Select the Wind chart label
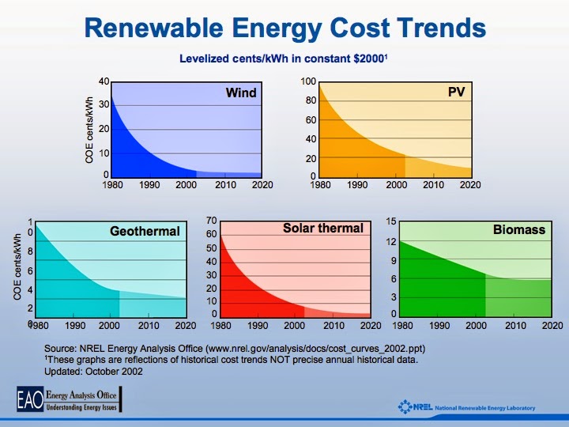coord(241,93)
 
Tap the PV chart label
coord(456,93)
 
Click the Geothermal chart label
coord(145,232)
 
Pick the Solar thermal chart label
coord(323,229)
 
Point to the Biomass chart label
coord(519,230)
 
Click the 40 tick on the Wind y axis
coord(104,82)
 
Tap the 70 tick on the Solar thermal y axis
coord(211,221)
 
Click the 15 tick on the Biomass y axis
coord(391,221)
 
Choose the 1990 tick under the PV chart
coord(358,185)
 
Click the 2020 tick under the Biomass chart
coord(552,325)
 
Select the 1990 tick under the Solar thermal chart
coord(258,325)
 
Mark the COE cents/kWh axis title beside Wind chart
coord(89,130)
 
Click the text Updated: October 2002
coord(94,372)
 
